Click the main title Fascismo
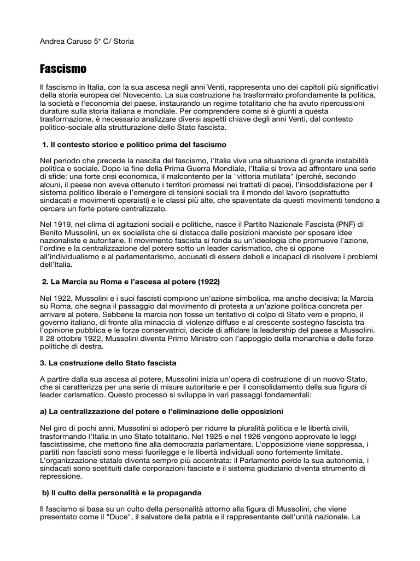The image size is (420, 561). pyautogui.click(x=63, y=70)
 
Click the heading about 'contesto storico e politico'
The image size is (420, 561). pyautogui.click(x=134, y=144)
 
